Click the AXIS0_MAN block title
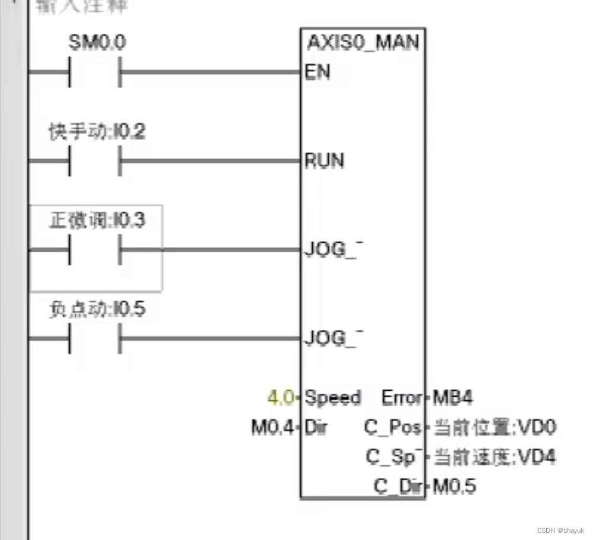tap(363, 43)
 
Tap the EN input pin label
tap(317, 72)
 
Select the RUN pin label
tap(323, 161)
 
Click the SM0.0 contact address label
tap(97, 43)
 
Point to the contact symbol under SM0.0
tap(95, 72)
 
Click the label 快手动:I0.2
tap(97, 132)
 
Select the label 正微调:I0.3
tap(97, 221)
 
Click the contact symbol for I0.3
tap(95, 250)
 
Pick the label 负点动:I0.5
tap(97, 310)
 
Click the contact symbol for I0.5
tap(95, 339)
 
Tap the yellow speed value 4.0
tap(280, 398)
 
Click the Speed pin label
tap(332, 398)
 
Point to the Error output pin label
tap(401, 398)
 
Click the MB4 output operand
tap(453, 398)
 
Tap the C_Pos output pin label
tap(392, 427)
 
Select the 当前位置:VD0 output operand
tap(495, 427)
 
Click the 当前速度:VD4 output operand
tap(495, 457)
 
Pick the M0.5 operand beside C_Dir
tap(455, 487)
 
